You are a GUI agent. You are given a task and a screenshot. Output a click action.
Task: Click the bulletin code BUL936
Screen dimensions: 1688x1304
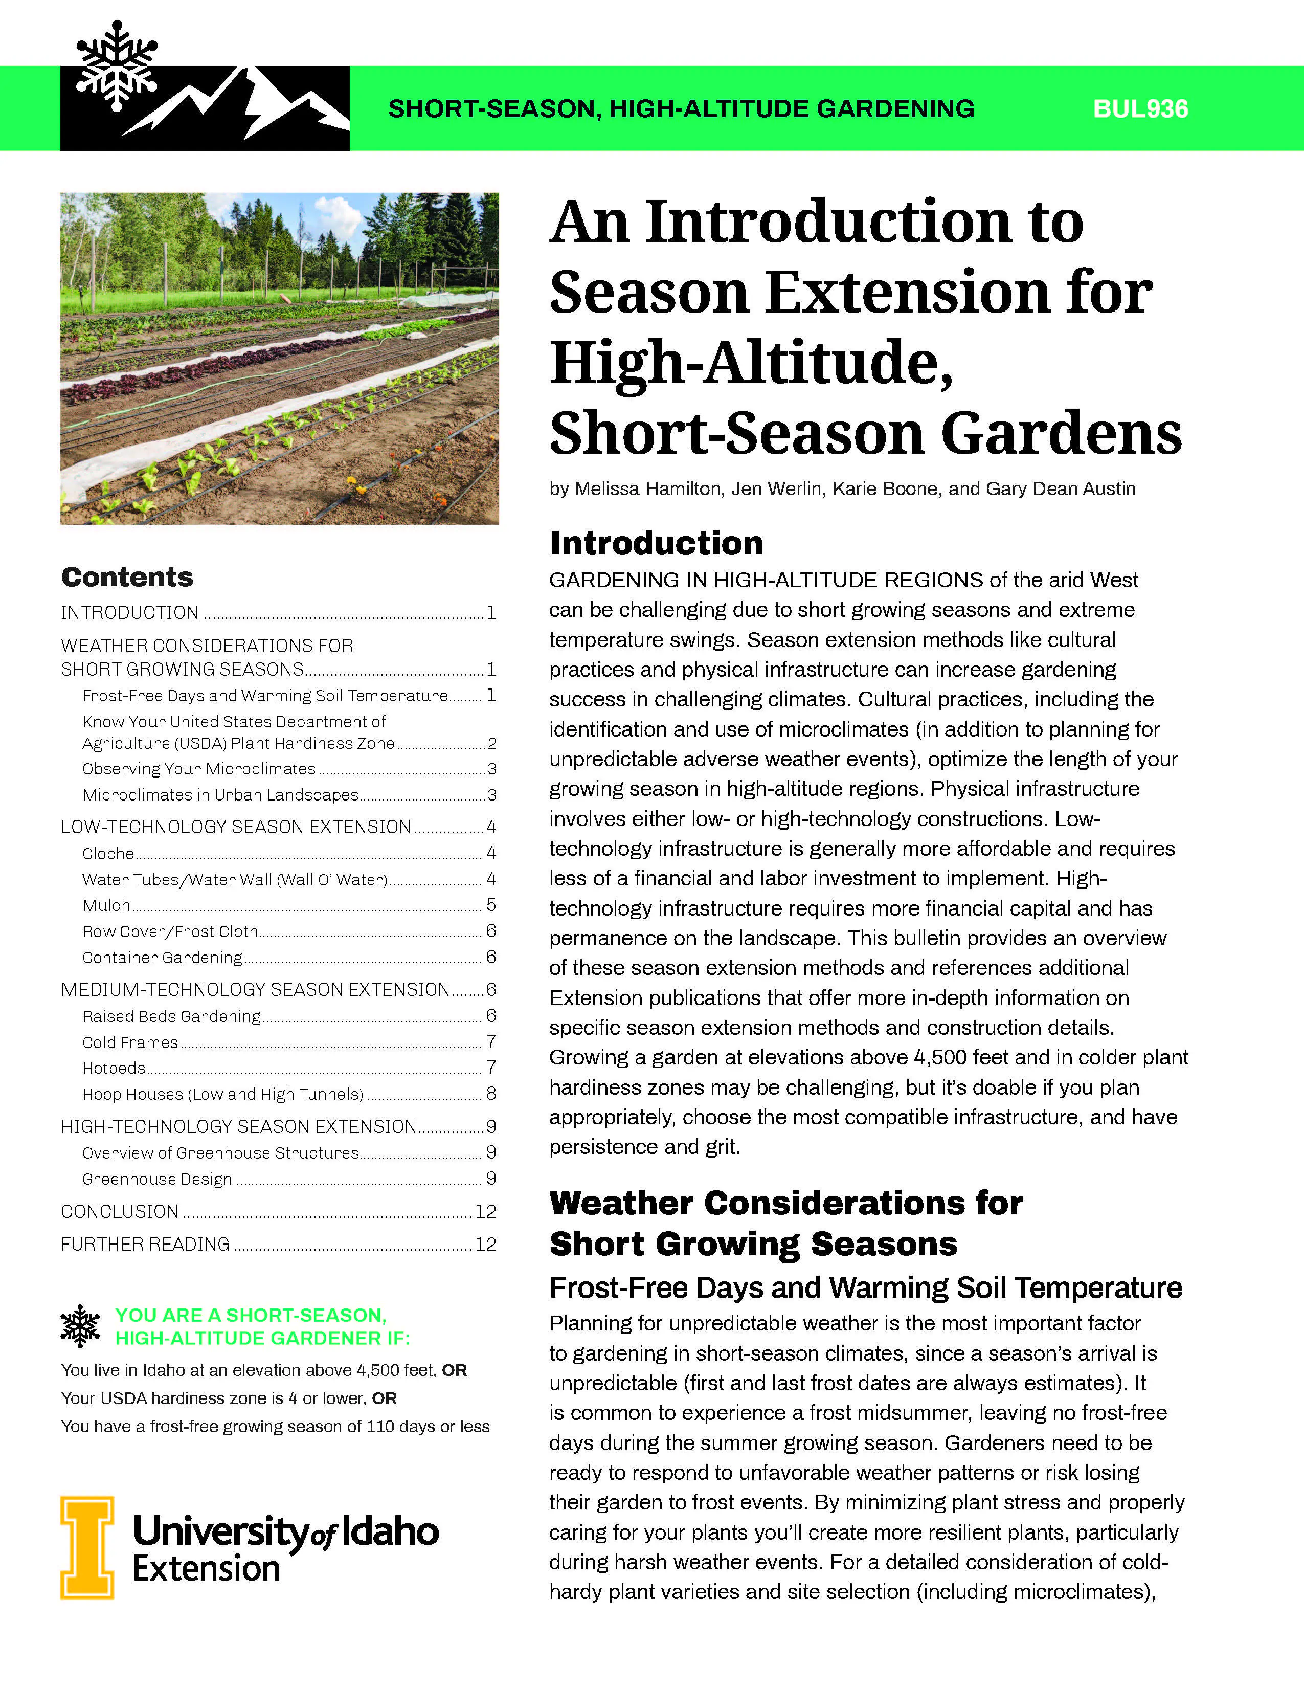(x=1140, y=109)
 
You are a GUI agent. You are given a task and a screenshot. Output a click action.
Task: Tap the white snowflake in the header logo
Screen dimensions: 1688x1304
(x=117, y=65)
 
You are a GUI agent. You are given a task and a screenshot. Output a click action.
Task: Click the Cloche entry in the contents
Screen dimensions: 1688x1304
(x=108, y=853)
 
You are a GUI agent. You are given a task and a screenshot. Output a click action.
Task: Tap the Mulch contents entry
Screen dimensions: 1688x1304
(x=106, y=905)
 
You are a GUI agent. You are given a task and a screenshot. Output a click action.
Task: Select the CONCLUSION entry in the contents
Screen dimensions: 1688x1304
(x=120, y=1211)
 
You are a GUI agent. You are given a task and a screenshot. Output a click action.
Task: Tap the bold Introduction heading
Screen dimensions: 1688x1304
(x=656, y=543)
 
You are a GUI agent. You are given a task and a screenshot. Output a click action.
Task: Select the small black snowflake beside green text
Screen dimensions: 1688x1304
(x=80, y=1326)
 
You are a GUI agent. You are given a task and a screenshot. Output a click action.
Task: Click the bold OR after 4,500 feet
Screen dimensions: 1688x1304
(x=454, y=1370)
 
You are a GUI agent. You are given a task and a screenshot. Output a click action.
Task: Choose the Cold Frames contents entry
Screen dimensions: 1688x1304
(x=130, y=1042)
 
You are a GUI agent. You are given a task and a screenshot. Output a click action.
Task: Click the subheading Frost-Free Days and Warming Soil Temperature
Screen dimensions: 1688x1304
(x=865, y=1287)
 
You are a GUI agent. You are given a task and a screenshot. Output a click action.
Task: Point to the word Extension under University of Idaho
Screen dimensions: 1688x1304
(x=206, y=1569)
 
